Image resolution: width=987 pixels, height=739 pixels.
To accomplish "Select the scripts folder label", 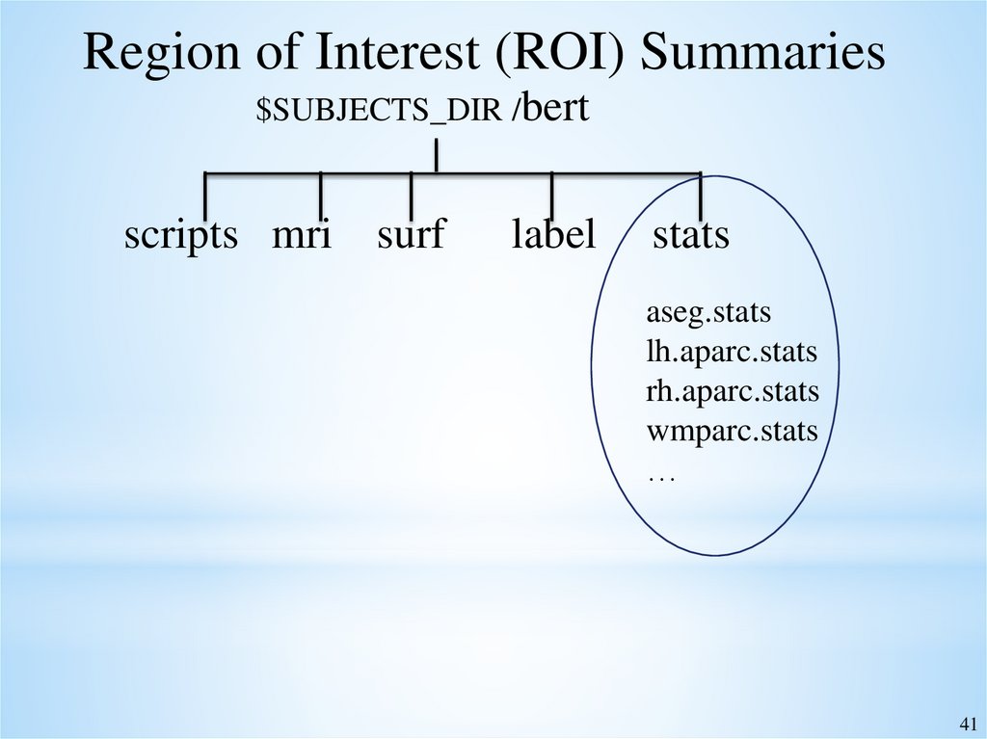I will [180, 235].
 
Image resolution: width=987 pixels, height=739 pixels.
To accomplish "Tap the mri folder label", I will [302, 235].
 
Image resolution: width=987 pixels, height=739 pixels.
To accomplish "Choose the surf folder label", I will [412, 235].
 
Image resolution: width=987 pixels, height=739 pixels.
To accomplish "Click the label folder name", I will [553, 235].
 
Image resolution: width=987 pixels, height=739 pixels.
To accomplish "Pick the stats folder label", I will [691, 235].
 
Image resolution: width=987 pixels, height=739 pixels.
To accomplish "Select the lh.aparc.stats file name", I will [732, 353].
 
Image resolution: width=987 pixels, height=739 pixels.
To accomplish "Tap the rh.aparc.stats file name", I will [733, 392].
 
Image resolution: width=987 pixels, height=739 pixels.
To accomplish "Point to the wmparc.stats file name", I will [733, 431].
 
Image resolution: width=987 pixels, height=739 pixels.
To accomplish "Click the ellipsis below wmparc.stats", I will [661, 476].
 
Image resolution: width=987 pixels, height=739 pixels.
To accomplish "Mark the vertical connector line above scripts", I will [205, 196].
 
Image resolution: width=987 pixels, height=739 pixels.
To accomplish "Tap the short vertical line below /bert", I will [438, 156].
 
